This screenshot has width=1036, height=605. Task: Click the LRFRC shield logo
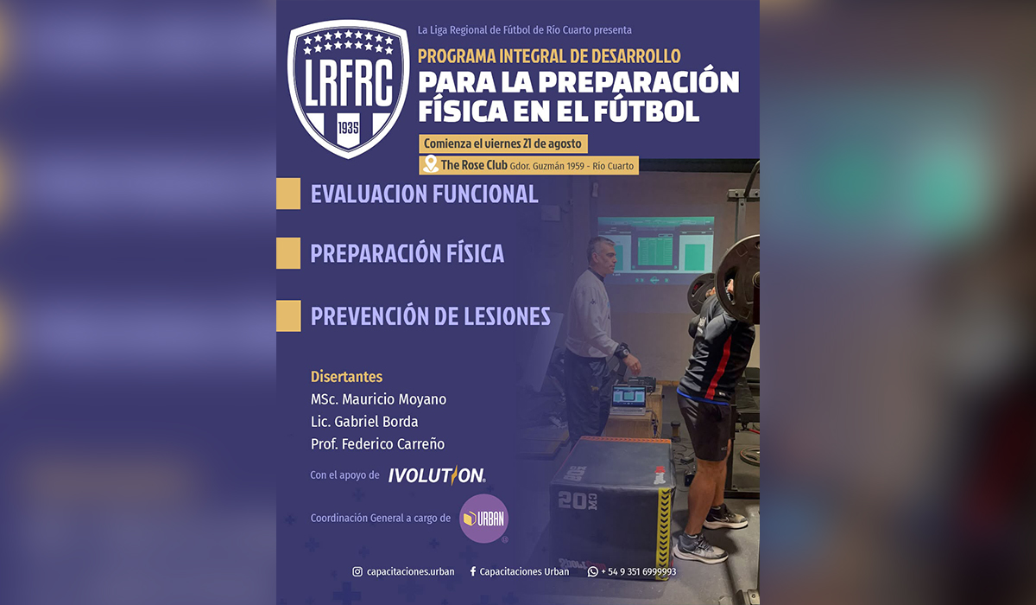[x=348, y=89]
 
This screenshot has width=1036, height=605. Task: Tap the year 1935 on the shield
[x=348, y=127]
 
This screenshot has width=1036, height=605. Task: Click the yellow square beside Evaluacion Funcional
[x=288, y=194]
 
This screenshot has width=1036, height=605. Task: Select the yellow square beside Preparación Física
[x=288, y=253]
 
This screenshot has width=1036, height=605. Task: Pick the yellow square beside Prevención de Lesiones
[x=288, y=316]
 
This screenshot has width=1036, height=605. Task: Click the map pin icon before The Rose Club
[x=431, y=164]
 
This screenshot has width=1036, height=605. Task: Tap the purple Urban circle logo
[x=483, y=519]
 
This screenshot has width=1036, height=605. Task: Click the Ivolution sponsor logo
[x=437, y=475]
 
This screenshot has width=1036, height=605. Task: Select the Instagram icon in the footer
[x=357, y=571]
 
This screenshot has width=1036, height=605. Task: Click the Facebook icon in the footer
[x=473, y=571]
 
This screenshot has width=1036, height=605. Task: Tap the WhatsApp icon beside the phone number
[x=592, y=571]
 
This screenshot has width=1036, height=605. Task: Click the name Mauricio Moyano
[x=395, y=399]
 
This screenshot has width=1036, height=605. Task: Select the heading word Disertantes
[x=346, y=377]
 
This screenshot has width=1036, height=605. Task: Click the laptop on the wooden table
[x=629, y=400]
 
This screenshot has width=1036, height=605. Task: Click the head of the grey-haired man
[x=601, y=255]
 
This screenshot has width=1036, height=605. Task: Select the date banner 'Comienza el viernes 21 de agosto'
[x=503, y=143]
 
